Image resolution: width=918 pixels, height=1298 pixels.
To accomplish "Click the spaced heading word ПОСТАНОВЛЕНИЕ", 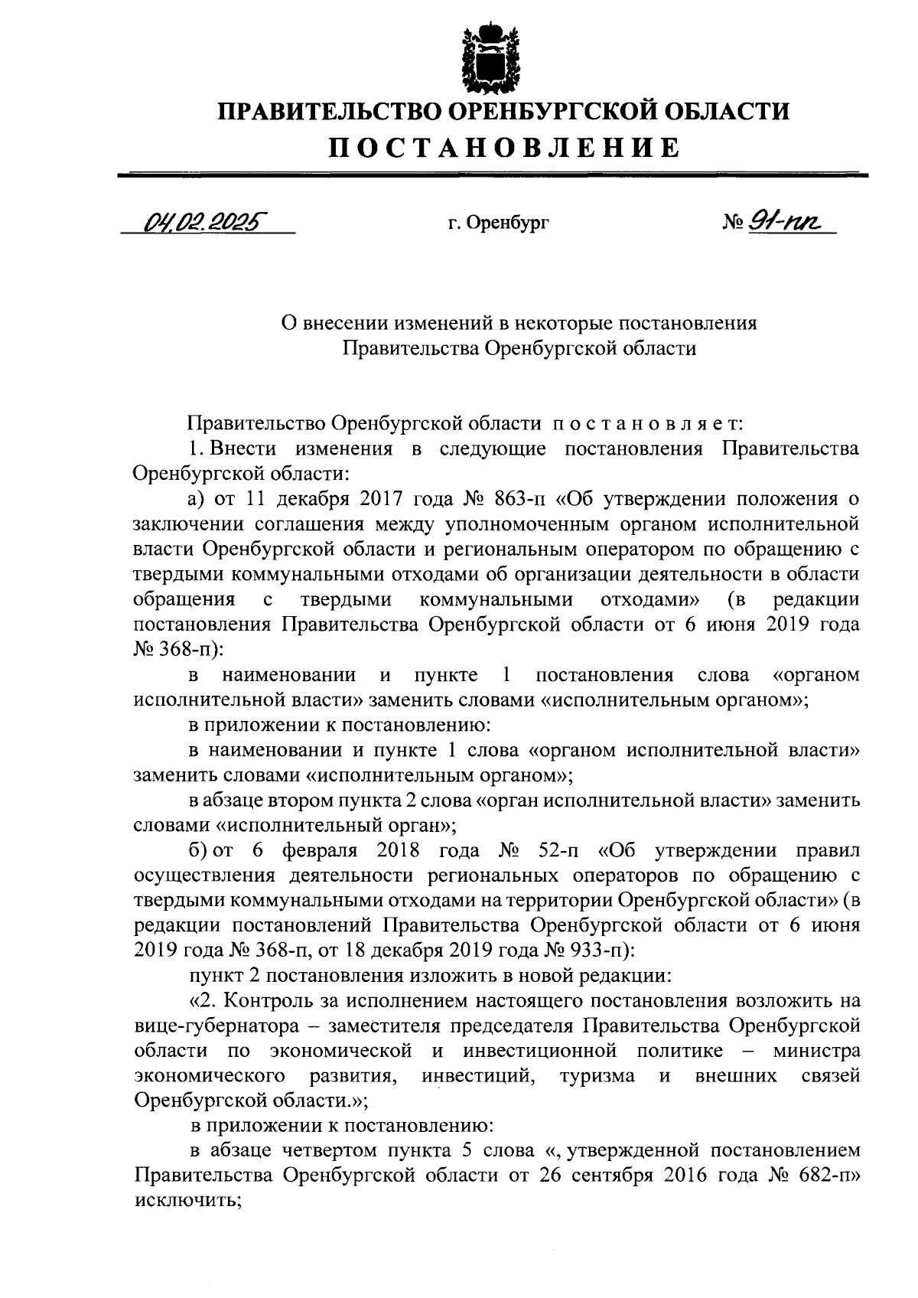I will (x=504, y=146).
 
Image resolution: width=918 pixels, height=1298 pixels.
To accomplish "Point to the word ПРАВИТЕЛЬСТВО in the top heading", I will (x=328, y=112).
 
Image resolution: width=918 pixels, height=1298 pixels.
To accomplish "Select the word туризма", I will (x=597, y=1075).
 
